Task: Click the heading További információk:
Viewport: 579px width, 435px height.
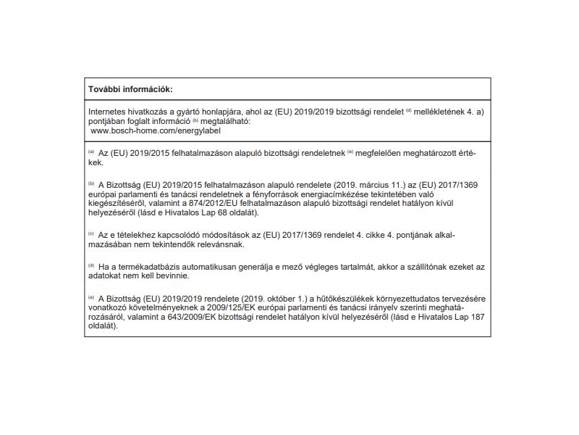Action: [130, 89]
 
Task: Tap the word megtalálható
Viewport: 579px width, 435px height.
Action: [224, 122]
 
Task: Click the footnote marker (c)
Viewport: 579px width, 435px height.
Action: [92, 235]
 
